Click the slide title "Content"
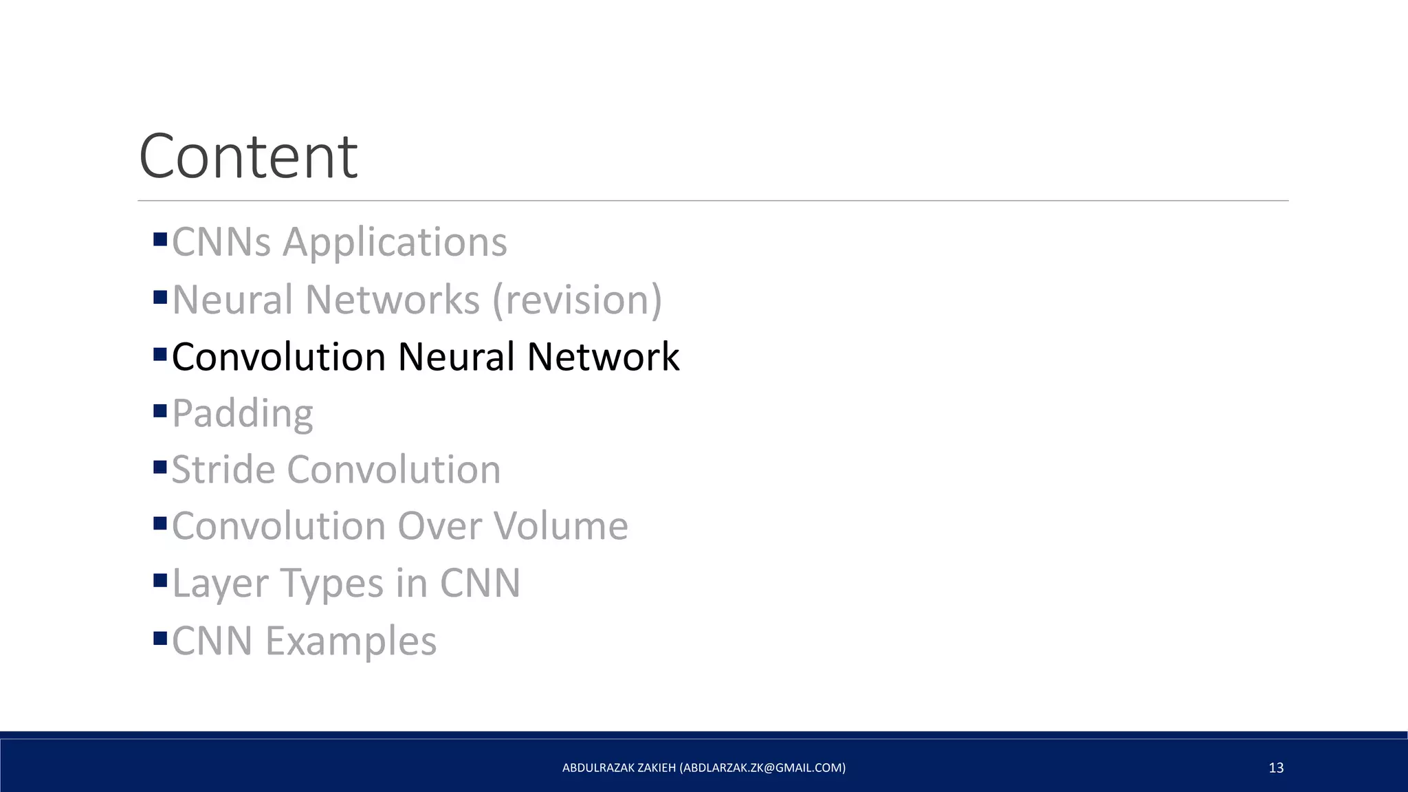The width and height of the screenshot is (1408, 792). pos(248,156)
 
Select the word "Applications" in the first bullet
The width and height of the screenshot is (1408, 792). pos(395,242)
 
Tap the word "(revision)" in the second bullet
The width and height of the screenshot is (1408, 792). pos(577,300)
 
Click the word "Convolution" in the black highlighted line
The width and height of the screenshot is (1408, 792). pos(278,357)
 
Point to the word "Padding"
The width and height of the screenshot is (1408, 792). pos(243,414)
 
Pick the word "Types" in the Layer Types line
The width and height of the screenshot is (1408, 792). pos(333,583)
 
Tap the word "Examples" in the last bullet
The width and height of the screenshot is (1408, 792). pos(351,641)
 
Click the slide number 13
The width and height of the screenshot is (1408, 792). pos(1276,768)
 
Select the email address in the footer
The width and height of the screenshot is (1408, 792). pos(762,768)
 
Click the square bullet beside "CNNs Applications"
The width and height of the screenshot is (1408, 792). pos(160,239)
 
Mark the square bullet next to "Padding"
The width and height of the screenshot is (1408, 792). pos(160,411)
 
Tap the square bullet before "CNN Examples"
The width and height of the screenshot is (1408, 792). pos(160,638)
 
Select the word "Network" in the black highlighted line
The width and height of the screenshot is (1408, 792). pos(603,357)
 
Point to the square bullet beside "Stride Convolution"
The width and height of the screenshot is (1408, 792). pos(160,467)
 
